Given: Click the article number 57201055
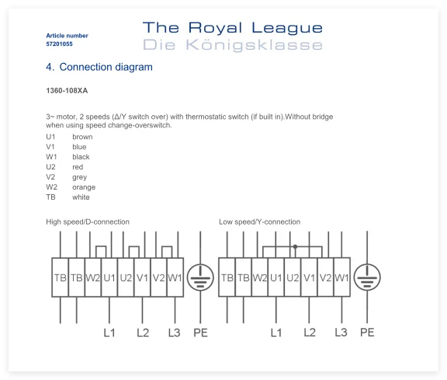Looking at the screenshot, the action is (x=59, y=44).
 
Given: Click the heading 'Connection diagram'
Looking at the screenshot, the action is (x=106, y=67).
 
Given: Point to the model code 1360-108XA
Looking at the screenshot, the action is (x=67, y=90).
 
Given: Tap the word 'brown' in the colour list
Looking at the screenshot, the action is (x=82, y=137).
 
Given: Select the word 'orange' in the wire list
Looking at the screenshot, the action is (x=84, y=187).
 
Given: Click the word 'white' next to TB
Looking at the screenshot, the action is (x=81, y=197).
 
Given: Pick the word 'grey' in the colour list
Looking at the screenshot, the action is (x=79, y=177).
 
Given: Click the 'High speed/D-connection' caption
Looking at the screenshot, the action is (x=88, y=221).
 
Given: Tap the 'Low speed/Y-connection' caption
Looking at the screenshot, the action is (x=260, y=221).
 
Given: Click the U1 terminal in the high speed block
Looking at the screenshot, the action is (x=109, y=277).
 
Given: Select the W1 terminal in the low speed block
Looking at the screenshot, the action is (x=341, y=277).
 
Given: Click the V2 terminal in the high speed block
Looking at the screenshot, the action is (x=159, y=277).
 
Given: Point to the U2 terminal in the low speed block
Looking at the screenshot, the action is (x=293, y=277).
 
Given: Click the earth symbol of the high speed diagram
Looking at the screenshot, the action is (x=200, y=277).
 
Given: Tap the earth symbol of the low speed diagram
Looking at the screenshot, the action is (x=367, y=277).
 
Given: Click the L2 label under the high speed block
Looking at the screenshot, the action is (x=143, y=333).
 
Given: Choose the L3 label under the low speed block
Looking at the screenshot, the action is (x=341, y=333).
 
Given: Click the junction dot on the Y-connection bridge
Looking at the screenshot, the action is (x=295, y=246).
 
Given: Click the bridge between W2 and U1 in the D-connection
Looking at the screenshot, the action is (x=101, y=246).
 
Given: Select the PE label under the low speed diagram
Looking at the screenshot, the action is (x=367, y=333).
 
